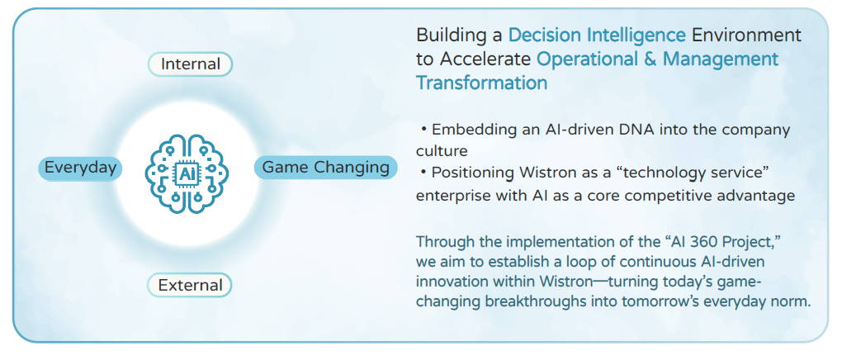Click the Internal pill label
pos(190,64)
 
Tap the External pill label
pos(190,285)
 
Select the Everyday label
pos(81,168)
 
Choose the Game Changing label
pos(325,167)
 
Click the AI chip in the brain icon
pos(187,173)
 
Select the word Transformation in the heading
pos(482,83)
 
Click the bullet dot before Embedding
pos(423,130)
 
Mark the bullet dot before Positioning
pos(423,173)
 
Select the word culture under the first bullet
pos(442,149)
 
